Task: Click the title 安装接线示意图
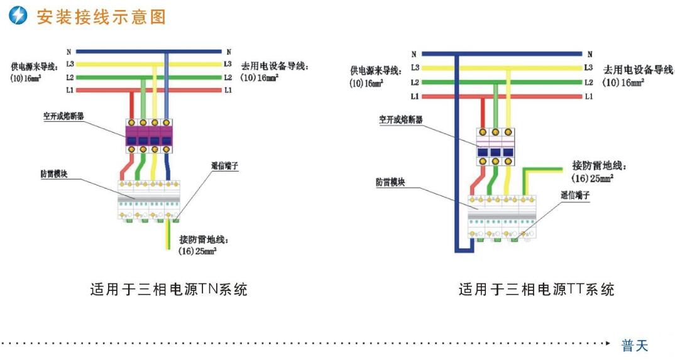pyautogui.click(x=101, y=16)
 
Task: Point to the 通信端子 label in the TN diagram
pyautogui.click(x=224, y=166)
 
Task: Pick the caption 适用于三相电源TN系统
pyautogui.click(x=168, y=290)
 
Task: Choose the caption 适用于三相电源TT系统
pyautogui.click(x=536, y=290)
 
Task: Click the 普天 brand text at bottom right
pyautogui.click(x=634, y=346)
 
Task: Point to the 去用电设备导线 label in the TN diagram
pyautogui.click(x=277, y=65)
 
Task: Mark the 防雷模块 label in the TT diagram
pyautogui.click(x=390, y=182)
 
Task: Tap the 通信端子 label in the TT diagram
pyautogui.click(x=575, y=195)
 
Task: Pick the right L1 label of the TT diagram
pyautogui.click(x=588, y=97)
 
